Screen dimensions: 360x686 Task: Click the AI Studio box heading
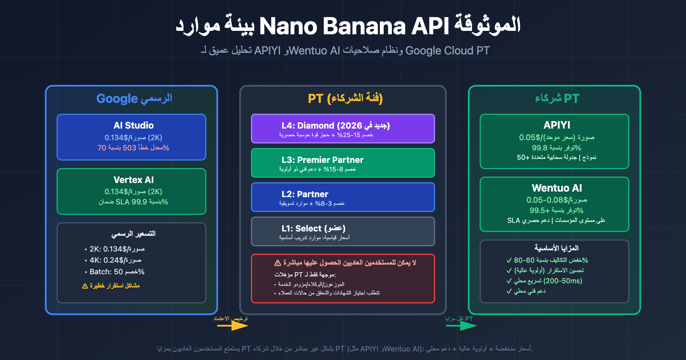click(133, 126)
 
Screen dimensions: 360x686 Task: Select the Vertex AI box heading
click(133, 180)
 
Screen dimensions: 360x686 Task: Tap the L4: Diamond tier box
click(343, 129)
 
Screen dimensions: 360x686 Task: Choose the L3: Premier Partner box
click(343, 163)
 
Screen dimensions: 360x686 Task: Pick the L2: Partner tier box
click(343, 197)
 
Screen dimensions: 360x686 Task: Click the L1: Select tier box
click(343, 231)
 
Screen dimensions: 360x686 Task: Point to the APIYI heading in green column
click(557, 125)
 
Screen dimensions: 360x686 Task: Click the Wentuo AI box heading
click(557, 188)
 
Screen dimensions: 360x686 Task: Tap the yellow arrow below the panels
click(232, 326)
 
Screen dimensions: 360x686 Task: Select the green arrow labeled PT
click(461, 326)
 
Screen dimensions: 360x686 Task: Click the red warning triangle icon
click(277, 263)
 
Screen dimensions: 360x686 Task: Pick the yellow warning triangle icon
click(85, 286)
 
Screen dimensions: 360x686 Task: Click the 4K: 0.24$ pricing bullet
click(115, 260)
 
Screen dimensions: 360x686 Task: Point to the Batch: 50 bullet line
click(117, 272)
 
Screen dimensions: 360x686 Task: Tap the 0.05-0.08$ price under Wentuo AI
click(557, 200)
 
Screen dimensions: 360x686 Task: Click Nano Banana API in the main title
click(354, 26)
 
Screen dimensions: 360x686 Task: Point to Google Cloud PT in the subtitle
click(447, 51)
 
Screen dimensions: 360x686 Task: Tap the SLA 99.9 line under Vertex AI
click(133, 202)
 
